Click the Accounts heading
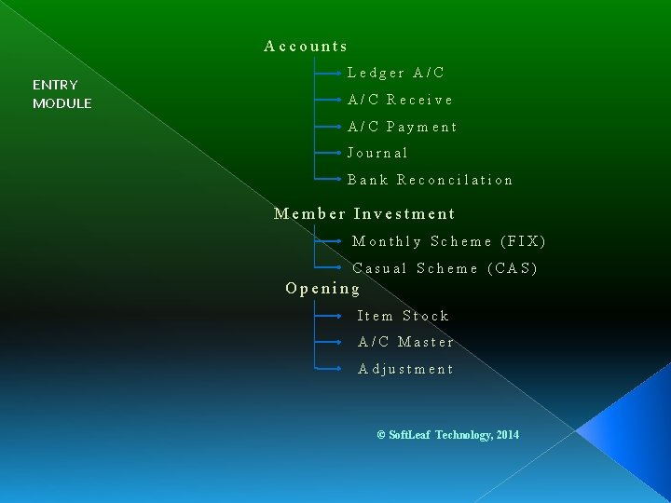[306, 46]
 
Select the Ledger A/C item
[396, 73]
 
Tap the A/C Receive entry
[400, 100]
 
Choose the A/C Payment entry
[402, 127]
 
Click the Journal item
[377, 153]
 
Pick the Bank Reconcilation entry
[430, 180]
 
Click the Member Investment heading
[364, 214]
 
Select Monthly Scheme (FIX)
[448, 241]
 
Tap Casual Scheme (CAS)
[445, 268]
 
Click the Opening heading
[322, 289]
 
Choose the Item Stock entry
[403, 316]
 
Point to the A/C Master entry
[405, 342]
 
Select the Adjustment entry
[405, 369]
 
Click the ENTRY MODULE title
[62, 94]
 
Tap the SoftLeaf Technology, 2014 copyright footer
[447, 435]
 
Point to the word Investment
[404, 214]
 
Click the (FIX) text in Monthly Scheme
[523, 241]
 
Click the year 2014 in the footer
[508, 435]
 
